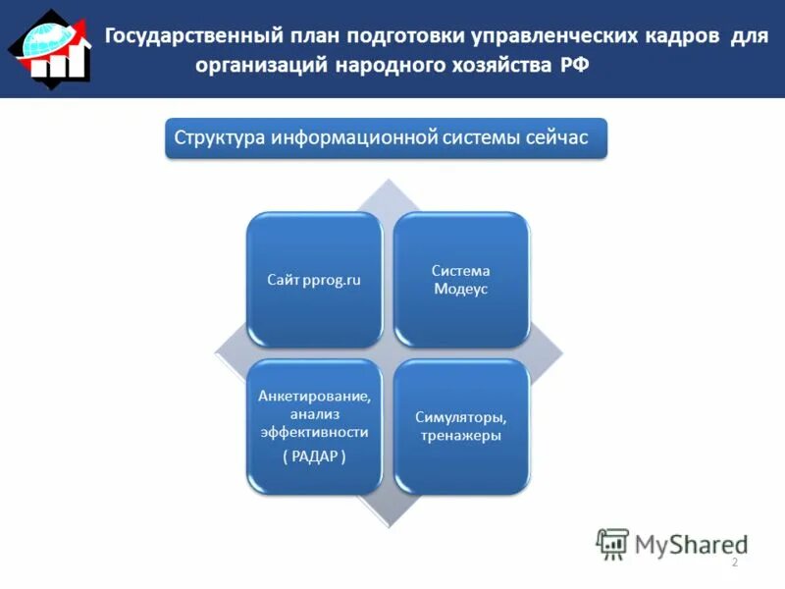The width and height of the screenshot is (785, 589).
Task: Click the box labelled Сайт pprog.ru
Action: coord(314,280)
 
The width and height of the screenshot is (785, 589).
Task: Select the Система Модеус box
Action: coord(461,280)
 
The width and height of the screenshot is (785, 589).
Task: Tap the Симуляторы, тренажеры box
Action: coord(461,426)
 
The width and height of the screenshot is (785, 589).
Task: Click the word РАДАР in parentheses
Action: coord(314,458)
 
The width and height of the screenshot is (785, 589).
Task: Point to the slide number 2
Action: coord(734,562)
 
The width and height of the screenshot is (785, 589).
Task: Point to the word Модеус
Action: coord(461,290)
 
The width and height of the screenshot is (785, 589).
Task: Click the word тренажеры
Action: coord(461,436)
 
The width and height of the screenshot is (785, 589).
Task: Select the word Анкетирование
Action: coord(314,397)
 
